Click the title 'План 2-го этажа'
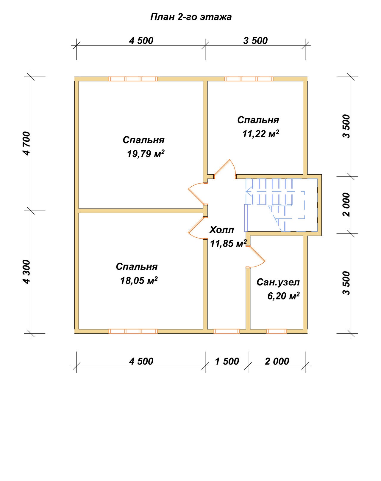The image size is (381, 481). pos(191,17)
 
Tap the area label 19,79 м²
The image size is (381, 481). pos(146,154)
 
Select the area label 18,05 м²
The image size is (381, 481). pos(139,280)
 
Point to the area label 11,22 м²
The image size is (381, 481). pos(261,134)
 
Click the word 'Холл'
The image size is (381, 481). pos(221,230)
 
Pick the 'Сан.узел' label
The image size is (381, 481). pos(278,282)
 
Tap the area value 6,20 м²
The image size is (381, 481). pos(283,296)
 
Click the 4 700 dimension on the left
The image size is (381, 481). pos(26,143)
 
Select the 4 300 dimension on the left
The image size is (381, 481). pos(26,272)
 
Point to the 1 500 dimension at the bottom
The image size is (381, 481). pos(227,362)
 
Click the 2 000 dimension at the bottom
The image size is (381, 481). pos(277,362)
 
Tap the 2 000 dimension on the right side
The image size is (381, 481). pos(346,204)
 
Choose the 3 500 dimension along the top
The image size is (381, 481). pos(255,41)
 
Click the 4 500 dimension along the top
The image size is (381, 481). pos(141,41)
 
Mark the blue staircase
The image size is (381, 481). pos(281,205)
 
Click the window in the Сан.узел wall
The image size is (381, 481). pos(277,331)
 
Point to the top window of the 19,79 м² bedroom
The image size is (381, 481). pos(133,79)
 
